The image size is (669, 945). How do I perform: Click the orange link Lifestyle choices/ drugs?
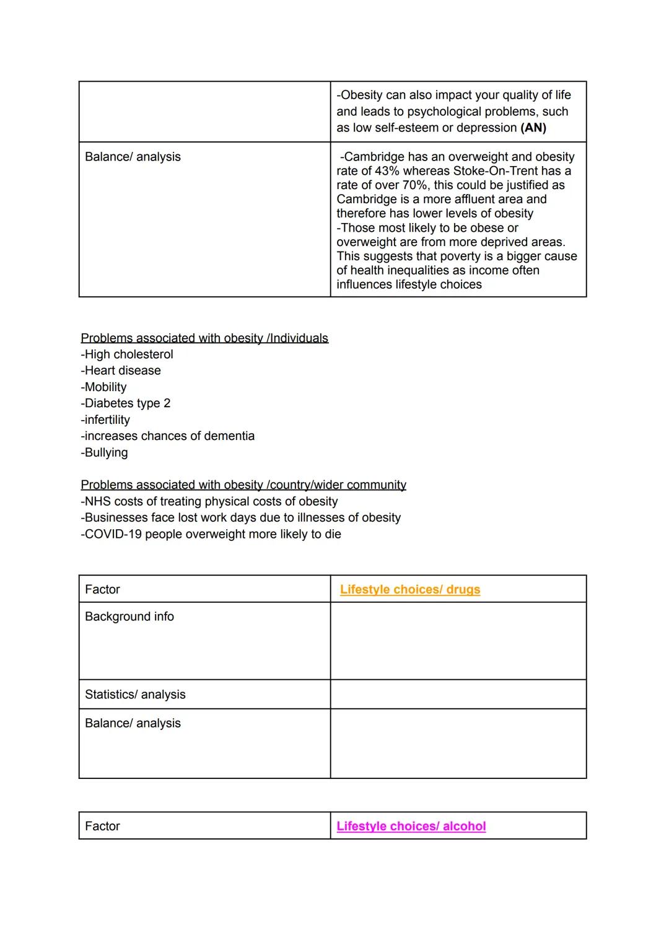point(409,589)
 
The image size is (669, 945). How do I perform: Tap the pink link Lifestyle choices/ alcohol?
point(411,826)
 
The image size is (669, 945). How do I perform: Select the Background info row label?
point(129,617)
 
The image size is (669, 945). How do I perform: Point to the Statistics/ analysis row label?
point(135,695)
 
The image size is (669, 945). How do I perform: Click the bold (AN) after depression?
point(533,128)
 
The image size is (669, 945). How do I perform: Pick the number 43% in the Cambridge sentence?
point(387,171)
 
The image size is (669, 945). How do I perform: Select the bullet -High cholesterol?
point(127,354)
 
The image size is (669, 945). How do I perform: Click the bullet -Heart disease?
point(121,371)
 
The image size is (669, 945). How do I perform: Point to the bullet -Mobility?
point(103,387)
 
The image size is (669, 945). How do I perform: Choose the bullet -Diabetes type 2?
point(125,403)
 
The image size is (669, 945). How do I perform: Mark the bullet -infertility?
point(105,420)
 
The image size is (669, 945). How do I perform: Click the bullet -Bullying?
point(104,453)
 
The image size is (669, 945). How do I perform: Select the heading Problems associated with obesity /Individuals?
point(204,338)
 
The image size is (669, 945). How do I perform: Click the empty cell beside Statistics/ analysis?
point(458,695)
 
